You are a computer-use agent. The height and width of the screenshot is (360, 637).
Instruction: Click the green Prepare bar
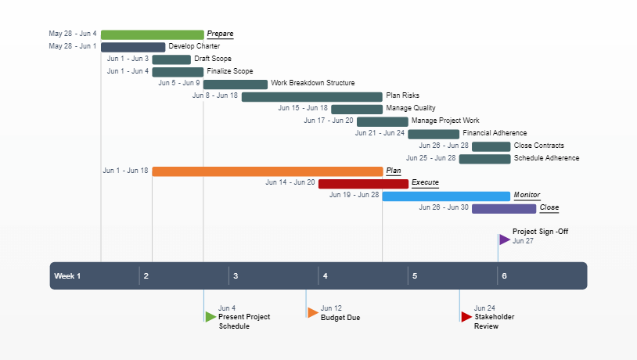(152, 34)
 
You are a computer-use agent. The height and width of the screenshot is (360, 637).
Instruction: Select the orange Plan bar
(267, 171)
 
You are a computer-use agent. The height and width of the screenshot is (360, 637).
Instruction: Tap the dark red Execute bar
(363, 184)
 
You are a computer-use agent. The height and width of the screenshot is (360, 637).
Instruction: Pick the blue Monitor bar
(446, 196)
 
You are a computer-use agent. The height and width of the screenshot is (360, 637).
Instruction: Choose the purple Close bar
(504, 209)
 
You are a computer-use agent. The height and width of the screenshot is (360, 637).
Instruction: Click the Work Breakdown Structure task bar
(235, 84)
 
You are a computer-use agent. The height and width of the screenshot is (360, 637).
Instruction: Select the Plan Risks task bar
(311, 96)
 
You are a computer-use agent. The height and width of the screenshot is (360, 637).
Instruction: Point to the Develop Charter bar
(133, 47)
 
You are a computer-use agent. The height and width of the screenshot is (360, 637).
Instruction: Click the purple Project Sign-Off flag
(505, 239)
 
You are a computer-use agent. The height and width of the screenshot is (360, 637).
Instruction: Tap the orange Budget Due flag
(312, 312)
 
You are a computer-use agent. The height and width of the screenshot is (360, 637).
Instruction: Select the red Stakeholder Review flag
(466, 316)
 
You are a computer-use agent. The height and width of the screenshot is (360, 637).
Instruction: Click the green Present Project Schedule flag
(211, 316)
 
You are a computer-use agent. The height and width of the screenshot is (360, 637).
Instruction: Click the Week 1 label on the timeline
(67, 276)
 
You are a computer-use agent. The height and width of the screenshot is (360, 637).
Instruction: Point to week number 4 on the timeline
(326, 276)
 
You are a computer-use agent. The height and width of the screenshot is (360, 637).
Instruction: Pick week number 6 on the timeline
(504, 276)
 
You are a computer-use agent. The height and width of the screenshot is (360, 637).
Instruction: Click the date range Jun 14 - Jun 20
(290, 182)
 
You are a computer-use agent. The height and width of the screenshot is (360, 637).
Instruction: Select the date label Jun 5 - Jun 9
(178, 83)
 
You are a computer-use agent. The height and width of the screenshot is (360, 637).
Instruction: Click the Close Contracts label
(538, 146)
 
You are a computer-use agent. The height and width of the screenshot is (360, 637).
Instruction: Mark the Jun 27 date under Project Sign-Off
(523, 241)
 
